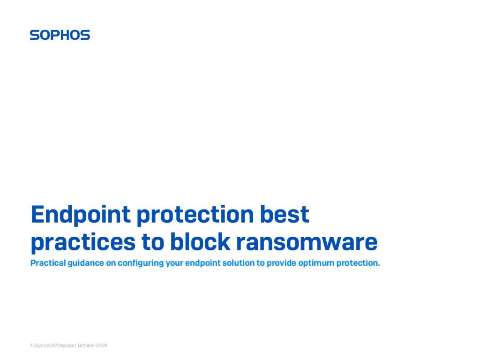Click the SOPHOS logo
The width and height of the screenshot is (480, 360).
coord(60,35)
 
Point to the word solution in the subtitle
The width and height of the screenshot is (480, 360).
coord(237,263)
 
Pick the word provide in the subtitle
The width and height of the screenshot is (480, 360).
coord(280,263)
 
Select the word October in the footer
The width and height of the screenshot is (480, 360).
coord(87,345)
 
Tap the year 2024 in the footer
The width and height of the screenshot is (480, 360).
coord(102,345)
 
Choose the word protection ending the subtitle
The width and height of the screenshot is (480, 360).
coord(361,263)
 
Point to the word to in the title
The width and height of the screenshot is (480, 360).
coord(151,242)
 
